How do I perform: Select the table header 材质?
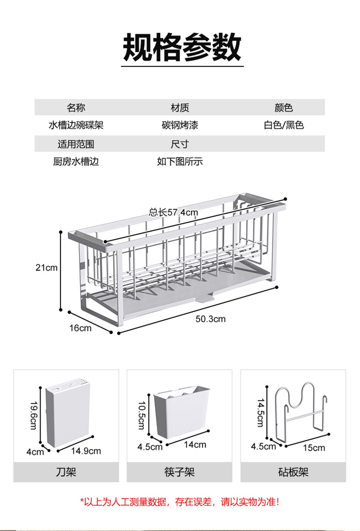pos(180,108)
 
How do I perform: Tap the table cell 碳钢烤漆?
pos(180,125)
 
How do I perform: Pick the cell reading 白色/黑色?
pos(283,125)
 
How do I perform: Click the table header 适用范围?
pos(76,144)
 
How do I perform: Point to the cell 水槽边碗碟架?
pos(76,125)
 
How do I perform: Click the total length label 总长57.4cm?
pos(173,212)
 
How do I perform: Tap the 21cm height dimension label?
pos(47,267)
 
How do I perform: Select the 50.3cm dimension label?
pos(211,319)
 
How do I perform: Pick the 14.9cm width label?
pos(86,451)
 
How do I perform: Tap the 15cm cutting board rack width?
pos(314,448)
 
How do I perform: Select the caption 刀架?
pos(66,472)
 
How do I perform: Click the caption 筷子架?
pos(180,472)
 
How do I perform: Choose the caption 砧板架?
pos(293,472)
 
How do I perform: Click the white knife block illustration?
pos(68,414)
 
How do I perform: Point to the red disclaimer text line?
pos(180,502)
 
